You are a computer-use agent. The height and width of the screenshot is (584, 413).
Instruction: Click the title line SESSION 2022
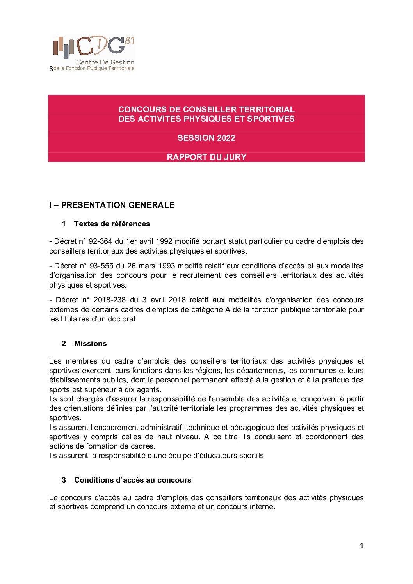tap(206, 138)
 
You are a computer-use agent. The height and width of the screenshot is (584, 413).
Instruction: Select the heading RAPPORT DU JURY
tap(206, 157)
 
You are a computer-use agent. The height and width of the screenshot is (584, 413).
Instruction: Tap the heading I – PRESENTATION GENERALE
tap(112, 205)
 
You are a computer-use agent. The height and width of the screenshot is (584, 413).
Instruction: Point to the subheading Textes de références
tap(112, 224)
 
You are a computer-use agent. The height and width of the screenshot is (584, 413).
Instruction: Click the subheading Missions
tap(90, 344)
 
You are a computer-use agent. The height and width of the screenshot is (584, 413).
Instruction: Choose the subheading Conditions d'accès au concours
tap(133, 480)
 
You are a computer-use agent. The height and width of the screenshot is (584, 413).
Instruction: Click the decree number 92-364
tap(100, 241)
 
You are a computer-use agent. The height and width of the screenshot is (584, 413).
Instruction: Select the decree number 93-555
tap(101, 266)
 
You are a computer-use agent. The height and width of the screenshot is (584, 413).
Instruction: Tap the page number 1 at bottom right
tap(362, 546)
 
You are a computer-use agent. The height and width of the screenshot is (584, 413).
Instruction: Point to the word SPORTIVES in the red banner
tap(271, 119)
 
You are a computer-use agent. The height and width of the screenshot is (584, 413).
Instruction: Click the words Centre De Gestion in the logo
tap(105, 62)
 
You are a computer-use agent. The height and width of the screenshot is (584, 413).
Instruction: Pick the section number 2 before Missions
tap(64, 344)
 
